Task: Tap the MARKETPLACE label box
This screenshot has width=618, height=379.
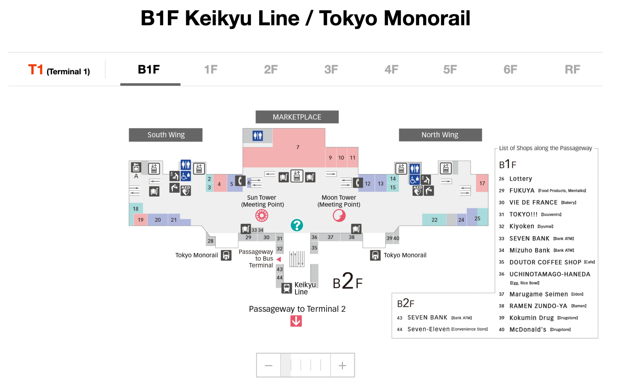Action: click(297, 117)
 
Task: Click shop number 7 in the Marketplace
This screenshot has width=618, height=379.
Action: click(298, 147)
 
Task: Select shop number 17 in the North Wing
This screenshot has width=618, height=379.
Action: click(482, 183)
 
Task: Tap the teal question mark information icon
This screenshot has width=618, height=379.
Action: click(297, 225)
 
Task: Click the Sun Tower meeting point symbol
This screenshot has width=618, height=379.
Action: click(262, 215)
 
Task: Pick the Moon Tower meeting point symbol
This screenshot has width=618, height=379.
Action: click(339, 215)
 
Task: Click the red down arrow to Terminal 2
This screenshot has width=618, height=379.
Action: click(296, 321)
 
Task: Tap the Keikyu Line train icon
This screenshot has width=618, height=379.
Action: click(286, 288)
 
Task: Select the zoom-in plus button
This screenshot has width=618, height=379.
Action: click(342, 365)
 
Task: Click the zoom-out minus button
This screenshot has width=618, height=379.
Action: click(268, 365)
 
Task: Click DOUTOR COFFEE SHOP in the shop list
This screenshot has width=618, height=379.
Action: click(545, 262)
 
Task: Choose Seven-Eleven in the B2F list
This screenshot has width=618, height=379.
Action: click(428, 329)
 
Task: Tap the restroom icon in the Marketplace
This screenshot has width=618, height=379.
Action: click(258, 136)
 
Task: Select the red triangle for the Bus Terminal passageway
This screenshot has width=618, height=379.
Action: click(279, 259)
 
